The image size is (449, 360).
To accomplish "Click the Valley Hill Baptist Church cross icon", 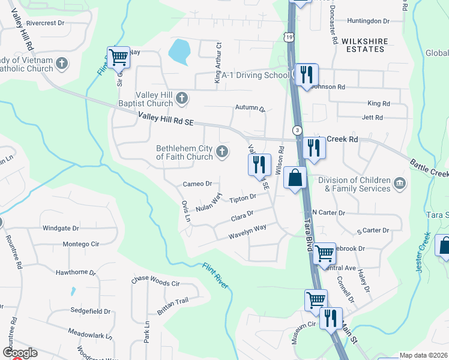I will click(181, 97).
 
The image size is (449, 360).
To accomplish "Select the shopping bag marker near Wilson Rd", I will click(295, 178).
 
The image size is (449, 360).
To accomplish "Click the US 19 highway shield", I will click(291, 37).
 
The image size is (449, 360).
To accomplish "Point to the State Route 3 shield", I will click(297, 130).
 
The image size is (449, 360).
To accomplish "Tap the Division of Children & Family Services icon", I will click(399, 182).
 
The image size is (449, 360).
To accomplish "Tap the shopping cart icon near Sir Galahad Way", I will click(119, 58).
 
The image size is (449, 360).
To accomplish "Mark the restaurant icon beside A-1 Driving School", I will click(307, 75).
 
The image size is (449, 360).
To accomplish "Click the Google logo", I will click(20, 353).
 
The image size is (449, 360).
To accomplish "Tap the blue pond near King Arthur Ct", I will click(179, 52).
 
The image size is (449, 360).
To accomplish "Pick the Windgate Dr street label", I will click(61, 229).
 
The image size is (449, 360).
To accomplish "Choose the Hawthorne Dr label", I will click(76, 272).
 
